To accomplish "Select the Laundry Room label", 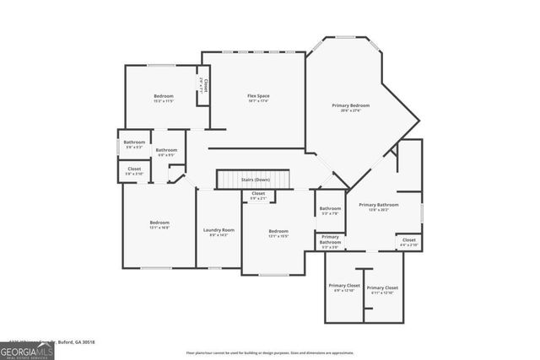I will click(219, 232).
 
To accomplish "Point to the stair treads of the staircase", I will click(253, 180).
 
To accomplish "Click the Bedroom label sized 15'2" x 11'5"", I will click(164, 99).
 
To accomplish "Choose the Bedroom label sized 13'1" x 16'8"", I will click(159, 224).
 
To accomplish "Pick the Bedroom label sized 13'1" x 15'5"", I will click(278, 234).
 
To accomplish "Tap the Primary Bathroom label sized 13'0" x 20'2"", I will click(377, 207).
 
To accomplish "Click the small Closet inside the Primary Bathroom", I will click(408, 242).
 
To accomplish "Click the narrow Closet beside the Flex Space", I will click(202, 87).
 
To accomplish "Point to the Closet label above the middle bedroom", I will click(258, 196).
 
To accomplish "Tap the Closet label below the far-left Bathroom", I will click(134, 170).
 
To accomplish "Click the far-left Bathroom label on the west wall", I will click(134, 144).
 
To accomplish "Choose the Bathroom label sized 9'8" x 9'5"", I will click(166, 153).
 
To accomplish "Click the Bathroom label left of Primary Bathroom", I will click(330, 211).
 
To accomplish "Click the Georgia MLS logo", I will click(27, 350).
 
